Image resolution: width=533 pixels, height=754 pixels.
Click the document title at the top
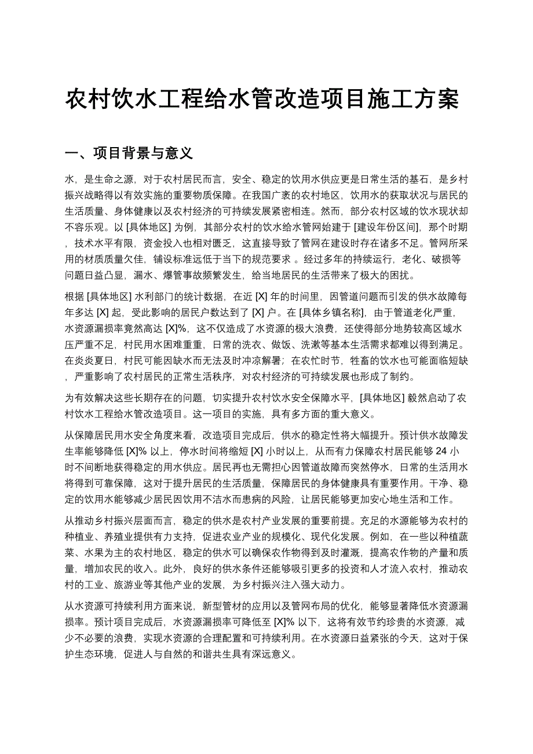262,100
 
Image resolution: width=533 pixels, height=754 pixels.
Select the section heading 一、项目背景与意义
129,153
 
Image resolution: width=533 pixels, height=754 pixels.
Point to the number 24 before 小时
440,452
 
